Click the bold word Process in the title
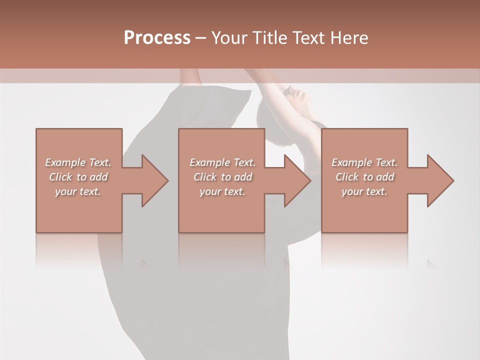pyautogui.click(x=157, y=38)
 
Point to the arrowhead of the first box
pyautogui.click(x=153, y=180)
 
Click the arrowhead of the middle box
pyautogui.click(x=296, y=180)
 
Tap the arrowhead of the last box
pyautogui.click(x=439, y=180)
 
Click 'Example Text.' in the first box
pyautogui.click(x=78, y=162)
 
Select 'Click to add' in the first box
pyautogui.click(x=78, y=177)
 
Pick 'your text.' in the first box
pyautogui.click(x=78, y=191)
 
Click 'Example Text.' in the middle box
pyautogui.click(x=222, y=162)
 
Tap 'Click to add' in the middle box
pyautogui.click(x=222, y=177)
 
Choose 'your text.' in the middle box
pyautogui.click(x=222, y=191)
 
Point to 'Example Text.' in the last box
pyautogui.click(x=364, y=162)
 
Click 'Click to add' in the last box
pyautogui.click(x=364, y=177)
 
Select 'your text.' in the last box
pyautogui.click(x=364, y=191)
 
